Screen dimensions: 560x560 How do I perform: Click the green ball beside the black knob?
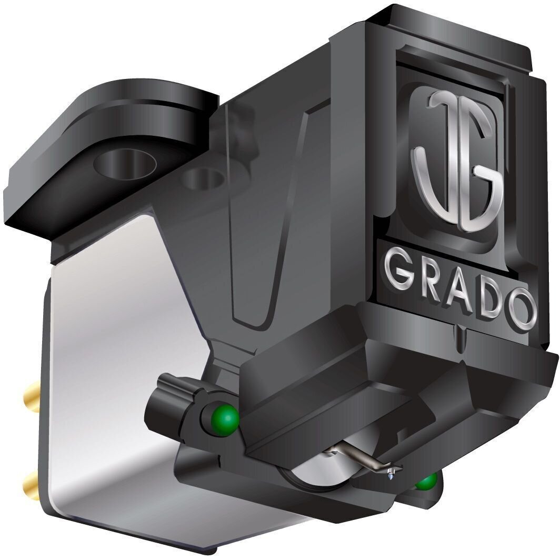(x=226, y=419)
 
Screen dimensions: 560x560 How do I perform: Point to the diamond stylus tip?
(x=392, y=475)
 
